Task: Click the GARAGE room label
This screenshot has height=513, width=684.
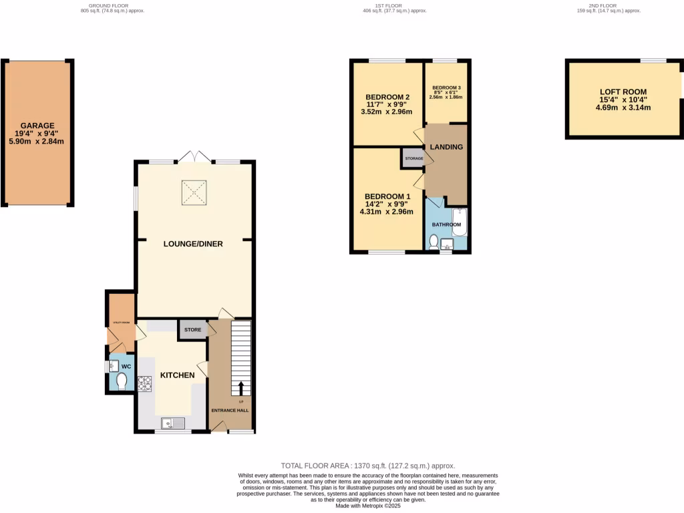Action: click(37, 126)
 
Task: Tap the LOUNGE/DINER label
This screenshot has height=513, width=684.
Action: click(193, 244)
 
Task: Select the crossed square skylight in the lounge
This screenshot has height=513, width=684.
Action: click(194, 193)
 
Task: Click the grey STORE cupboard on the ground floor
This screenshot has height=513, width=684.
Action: click(192, 329)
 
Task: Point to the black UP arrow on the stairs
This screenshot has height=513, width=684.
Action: click(240, 388)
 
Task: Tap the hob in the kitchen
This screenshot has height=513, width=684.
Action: click(144, 383)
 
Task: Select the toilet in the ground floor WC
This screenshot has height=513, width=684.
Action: click(121, 381)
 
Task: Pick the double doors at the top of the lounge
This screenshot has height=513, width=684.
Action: click(194, 158)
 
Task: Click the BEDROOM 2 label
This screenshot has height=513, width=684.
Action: click(387, 97)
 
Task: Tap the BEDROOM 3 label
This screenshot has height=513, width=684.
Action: click(446, 88)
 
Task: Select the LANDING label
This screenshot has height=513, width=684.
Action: click(446, 147)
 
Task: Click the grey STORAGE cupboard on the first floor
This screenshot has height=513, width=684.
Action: click(413, 158)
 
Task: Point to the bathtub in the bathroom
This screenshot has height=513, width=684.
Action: click(461, 222)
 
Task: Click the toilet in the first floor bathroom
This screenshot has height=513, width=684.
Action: click(434, 242)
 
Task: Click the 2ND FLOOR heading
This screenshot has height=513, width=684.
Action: click(609, 6)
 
